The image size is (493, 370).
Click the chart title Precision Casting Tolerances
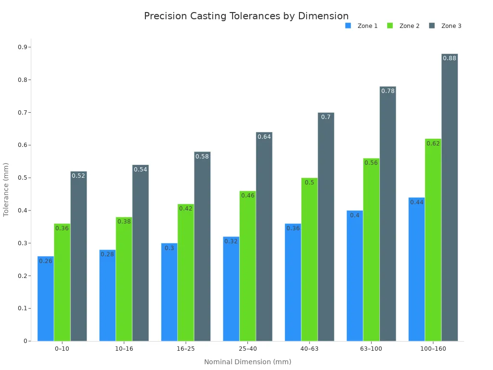coord(212,16)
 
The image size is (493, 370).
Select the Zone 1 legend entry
coord(361,26)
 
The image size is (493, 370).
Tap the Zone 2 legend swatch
coord(390,26)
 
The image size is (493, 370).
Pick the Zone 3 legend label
coord(451,26)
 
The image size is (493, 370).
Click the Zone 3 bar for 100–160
coord(450,197)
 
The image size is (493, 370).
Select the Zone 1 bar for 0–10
coord(46,299)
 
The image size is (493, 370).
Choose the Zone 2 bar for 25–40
coord(248,266)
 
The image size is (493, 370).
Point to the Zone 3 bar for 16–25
coord(202,246)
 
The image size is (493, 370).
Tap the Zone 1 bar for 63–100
coord(355,276)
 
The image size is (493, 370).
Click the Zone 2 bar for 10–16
coord(124,279)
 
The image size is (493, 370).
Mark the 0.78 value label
coord(388,91)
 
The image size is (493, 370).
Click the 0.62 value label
coord(433,144)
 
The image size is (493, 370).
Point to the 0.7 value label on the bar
coord(326,117)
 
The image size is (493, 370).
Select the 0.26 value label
coord(46,261)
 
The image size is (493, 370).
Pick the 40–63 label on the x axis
coord(310,349)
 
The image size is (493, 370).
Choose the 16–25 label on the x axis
coord(185,349)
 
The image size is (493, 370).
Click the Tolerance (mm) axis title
coord(6,190)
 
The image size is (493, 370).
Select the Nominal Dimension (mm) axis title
coord(248,362)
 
